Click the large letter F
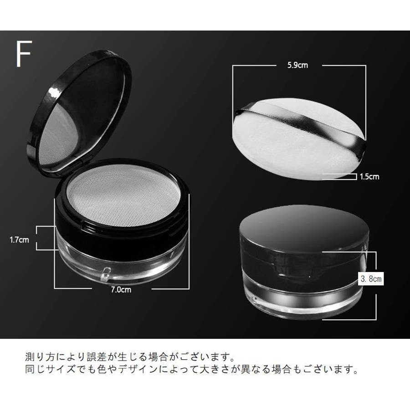24,54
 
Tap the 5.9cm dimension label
297,65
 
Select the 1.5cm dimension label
369,177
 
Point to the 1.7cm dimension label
19,240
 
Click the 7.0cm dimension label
121,290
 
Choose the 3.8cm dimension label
371,279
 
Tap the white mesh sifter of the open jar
123,195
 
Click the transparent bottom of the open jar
121,261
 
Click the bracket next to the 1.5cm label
340,176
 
